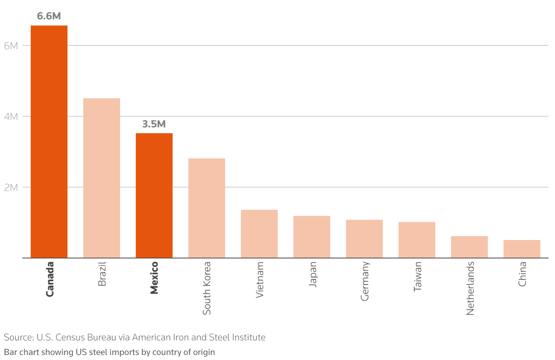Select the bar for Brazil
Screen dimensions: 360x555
coord(102,178)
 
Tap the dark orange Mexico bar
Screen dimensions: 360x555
coord(154,195)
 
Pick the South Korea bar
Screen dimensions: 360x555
coord(207,208)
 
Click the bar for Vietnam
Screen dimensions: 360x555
coord(259,233)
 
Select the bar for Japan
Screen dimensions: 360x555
coord(312,237)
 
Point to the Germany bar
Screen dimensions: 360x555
coord(364,238)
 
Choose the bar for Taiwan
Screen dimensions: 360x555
coord(417,240)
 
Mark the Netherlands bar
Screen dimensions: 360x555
coord(469,247)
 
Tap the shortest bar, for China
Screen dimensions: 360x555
coord(522,248)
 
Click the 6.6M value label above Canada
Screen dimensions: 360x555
coord(49,16)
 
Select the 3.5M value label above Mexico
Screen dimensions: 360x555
coord(154,124)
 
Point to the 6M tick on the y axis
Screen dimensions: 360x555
coord(11,46)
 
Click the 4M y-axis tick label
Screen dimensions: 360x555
coord(11,117)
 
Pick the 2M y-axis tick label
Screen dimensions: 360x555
coord(11,188)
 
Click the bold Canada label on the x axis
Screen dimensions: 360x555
coord(50,279)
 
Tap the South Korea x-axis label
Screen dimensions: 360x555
coord(207,288)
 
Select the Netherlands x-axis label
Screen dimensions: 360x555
coord(470,288)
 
